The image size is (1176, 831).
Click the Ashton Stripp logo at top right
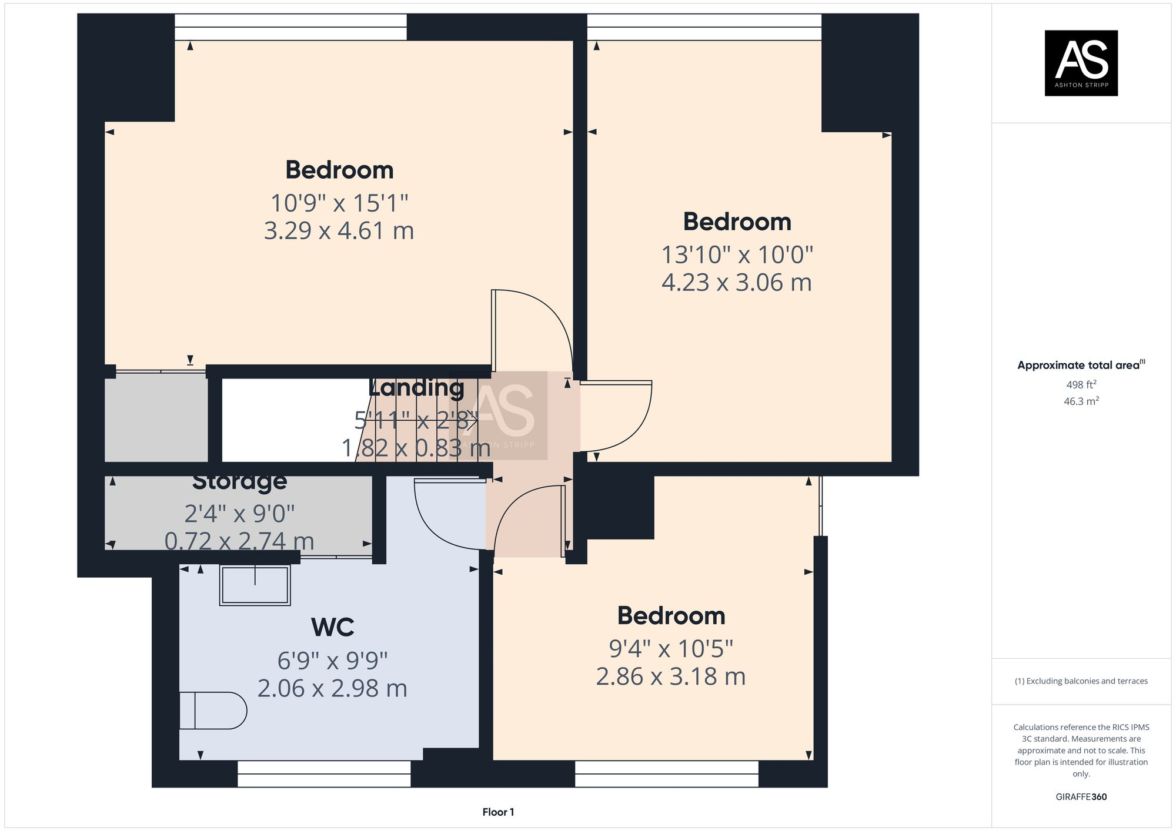1081,63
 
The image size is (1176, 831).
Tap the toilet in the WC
213,711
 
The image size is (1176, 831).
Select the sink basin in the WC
255,585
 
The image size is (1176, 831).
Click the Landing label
416,388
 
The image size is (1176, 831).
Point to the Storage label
239,481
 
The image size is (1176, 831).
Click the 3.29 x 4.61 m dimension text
339,230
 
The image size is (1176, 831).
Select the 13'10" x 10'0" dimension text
737,255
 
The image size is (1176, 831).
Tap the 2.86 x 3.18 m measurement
670,676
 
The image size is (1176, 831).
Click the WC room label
332,627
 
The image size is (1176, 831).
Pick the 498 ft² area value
1081,385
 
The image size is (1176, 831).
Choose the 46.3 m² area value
1081,401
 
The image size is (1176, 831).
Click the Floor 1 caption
498,812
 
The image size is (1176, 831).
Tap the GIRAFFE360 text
1081,797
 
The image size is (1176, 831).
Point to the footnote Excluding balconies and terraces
1081,681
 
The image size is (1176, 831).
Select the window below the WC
324,773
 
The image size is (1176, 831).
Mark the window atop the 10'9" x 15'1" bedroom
290,27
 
